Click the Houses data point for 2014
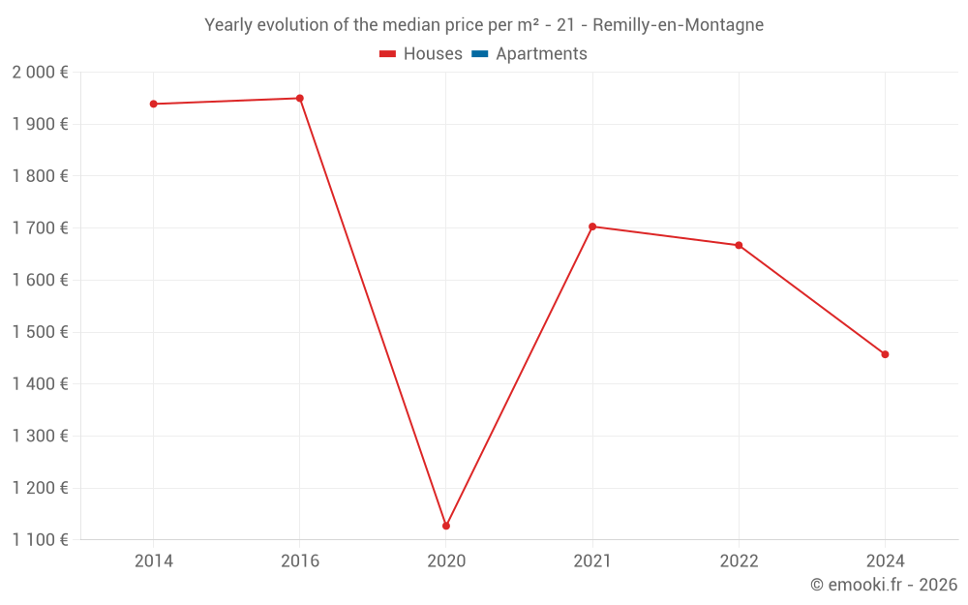tap(153, 104)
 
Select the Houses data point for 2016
tap(300, 98)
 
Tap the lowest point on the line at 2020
tap(446, 526)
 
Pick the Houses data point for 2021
tap(592, 227)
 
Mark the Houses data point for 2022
tap(739, 245)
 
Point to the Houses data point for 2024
tap(885, 354)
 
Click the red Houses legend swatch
tap(388, 54)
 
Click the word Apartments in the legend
tap(541, 54)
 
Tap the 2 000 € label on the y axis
tap(40, 73)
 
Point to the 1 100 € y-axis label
tap(40, 540)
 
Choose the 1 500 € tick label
tap(40, 332)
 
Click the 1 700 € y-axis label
tap(40, 228)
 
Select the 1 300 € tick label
tap(40, 437)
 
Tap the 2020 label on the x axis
tap(446, 561)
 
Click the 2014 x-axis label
tap(153, 561)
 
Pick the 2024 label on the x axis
tap(885, 561)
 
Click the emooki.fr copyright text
tap(884, 585)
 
